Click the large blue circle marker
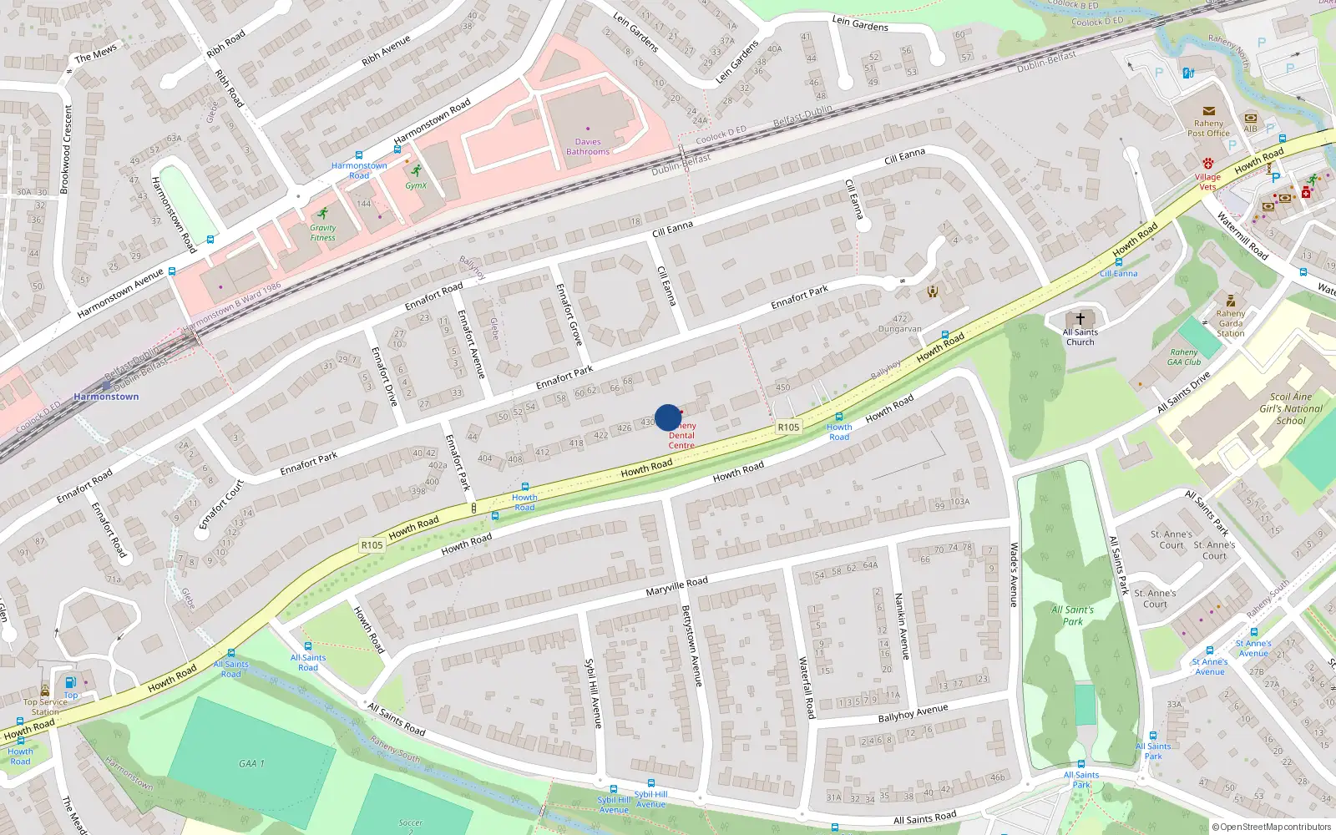(668, 417)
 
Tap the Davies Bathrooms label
(588, 147)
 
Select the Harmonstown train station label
(106, 397)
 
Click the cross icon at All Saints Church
(1080, 319)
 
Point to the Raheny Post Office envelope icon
(1208, 111)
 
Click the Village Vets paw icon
(1207, 164)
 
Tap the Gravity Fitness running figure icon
(323, 213)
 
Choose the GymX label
(416, 185)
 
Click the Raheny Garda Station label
(1230, 324)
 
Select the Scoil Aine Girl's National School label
(1291, 409)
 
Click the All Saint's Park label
(1073, 615)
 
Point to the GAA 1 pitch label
(251, 763)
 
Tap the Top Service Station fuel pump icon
(71, 683)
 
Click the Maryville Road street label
(676, 585)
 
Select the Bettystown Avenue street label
(691, 645)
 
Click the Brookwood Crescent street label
(65, 150)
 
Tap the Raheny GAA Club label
(1184, 357)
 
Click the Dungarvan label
(899, 329)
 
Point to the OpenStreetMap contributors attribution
(1272, 827)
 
